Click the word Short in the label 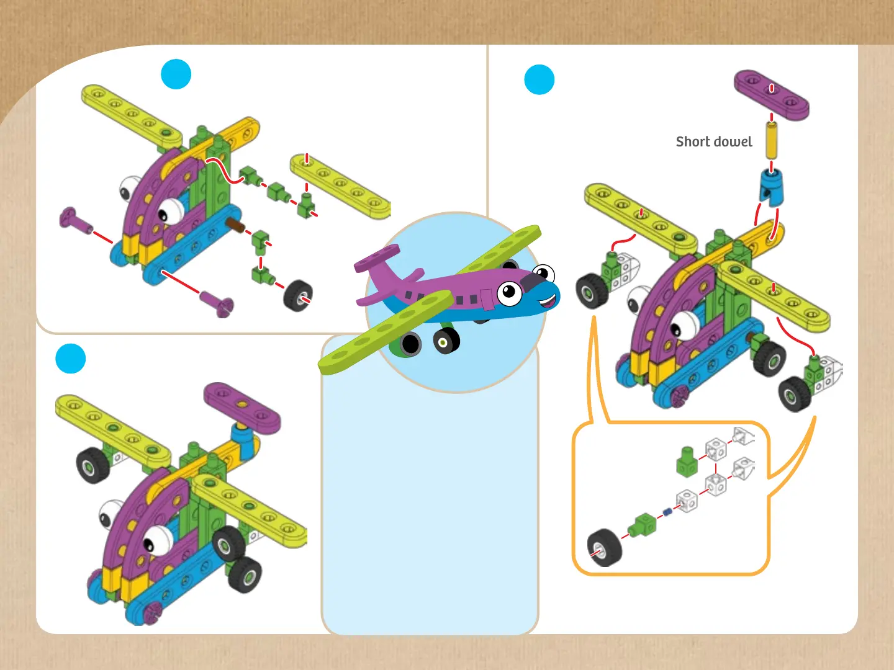click(x=693, y=141)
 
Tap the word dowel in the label click(x=733, y=141)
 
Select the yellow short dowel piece click(x=771, y=140)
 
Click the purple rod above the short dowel click(x=772, y=94)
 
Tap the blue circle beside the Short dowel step click(x=539, y=79)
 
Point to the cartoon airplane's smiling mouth click(x=548, y=301)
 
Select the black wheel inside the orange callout click(x=604, y=547)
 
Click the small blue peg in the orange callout click(x=668, y=512)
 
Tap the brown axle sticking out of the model click(x=235, y=225)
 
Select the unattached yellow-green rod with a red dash click(x=340, y=186)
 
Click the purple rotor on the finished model click(x=242, y=407)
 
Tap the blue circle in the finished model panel click(x=70, y=359)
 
